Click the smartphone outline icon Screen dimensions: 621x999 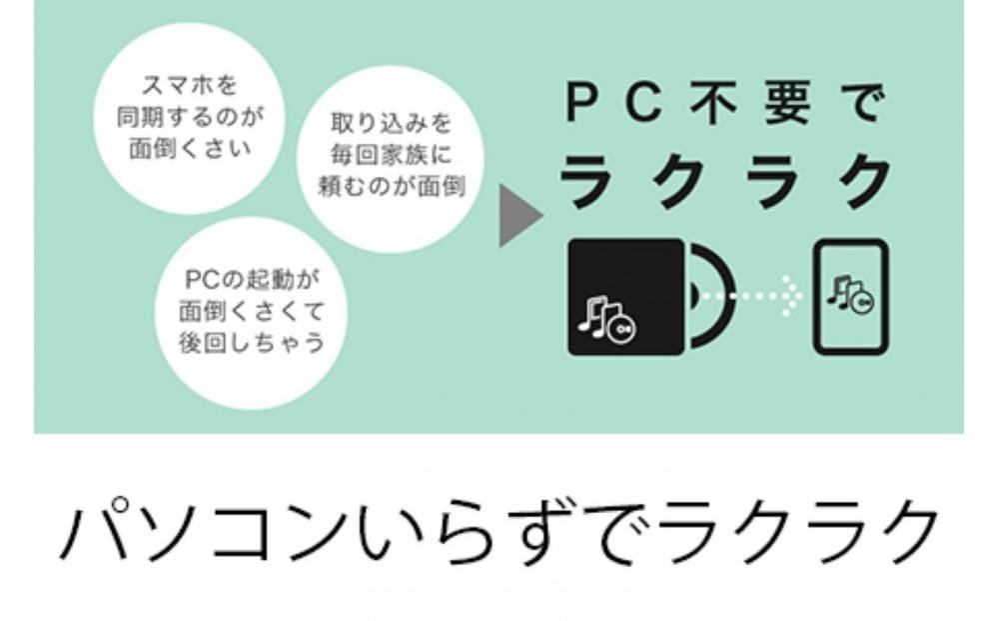850,297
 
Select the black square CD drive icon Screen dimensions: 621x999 625,297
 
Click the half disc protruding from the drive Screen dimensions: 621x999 707,297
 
